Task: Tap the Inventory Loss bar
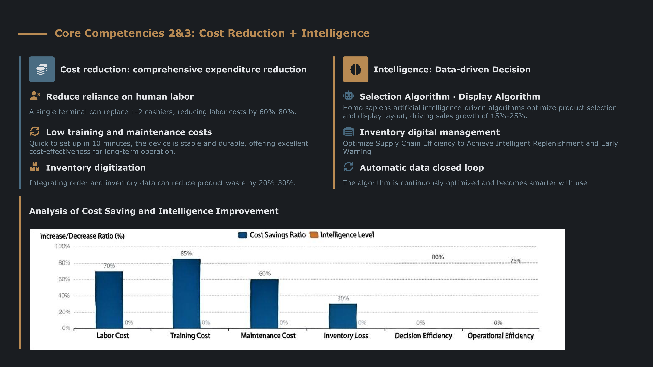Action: click(343, 316)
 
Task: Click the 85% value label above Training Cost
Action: click(186, 253)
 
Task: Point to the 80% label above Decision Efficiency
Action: click(438, 257)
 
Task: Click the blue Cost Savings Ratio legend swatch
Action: click(243, 235)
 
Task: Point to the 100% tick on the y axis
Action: click(63, 246)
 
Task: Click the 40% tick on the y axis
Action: click(64, 296)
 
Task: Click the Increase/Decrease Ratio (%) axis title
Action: click(82, 236)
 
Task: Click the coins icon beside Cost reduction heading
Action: click(42, 69)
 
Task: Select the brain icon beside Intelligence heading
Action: click(355, 69)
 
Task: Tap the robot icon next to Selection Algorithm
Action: click(349, 96)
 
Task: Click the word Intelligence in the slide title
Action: click(335, 33)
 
